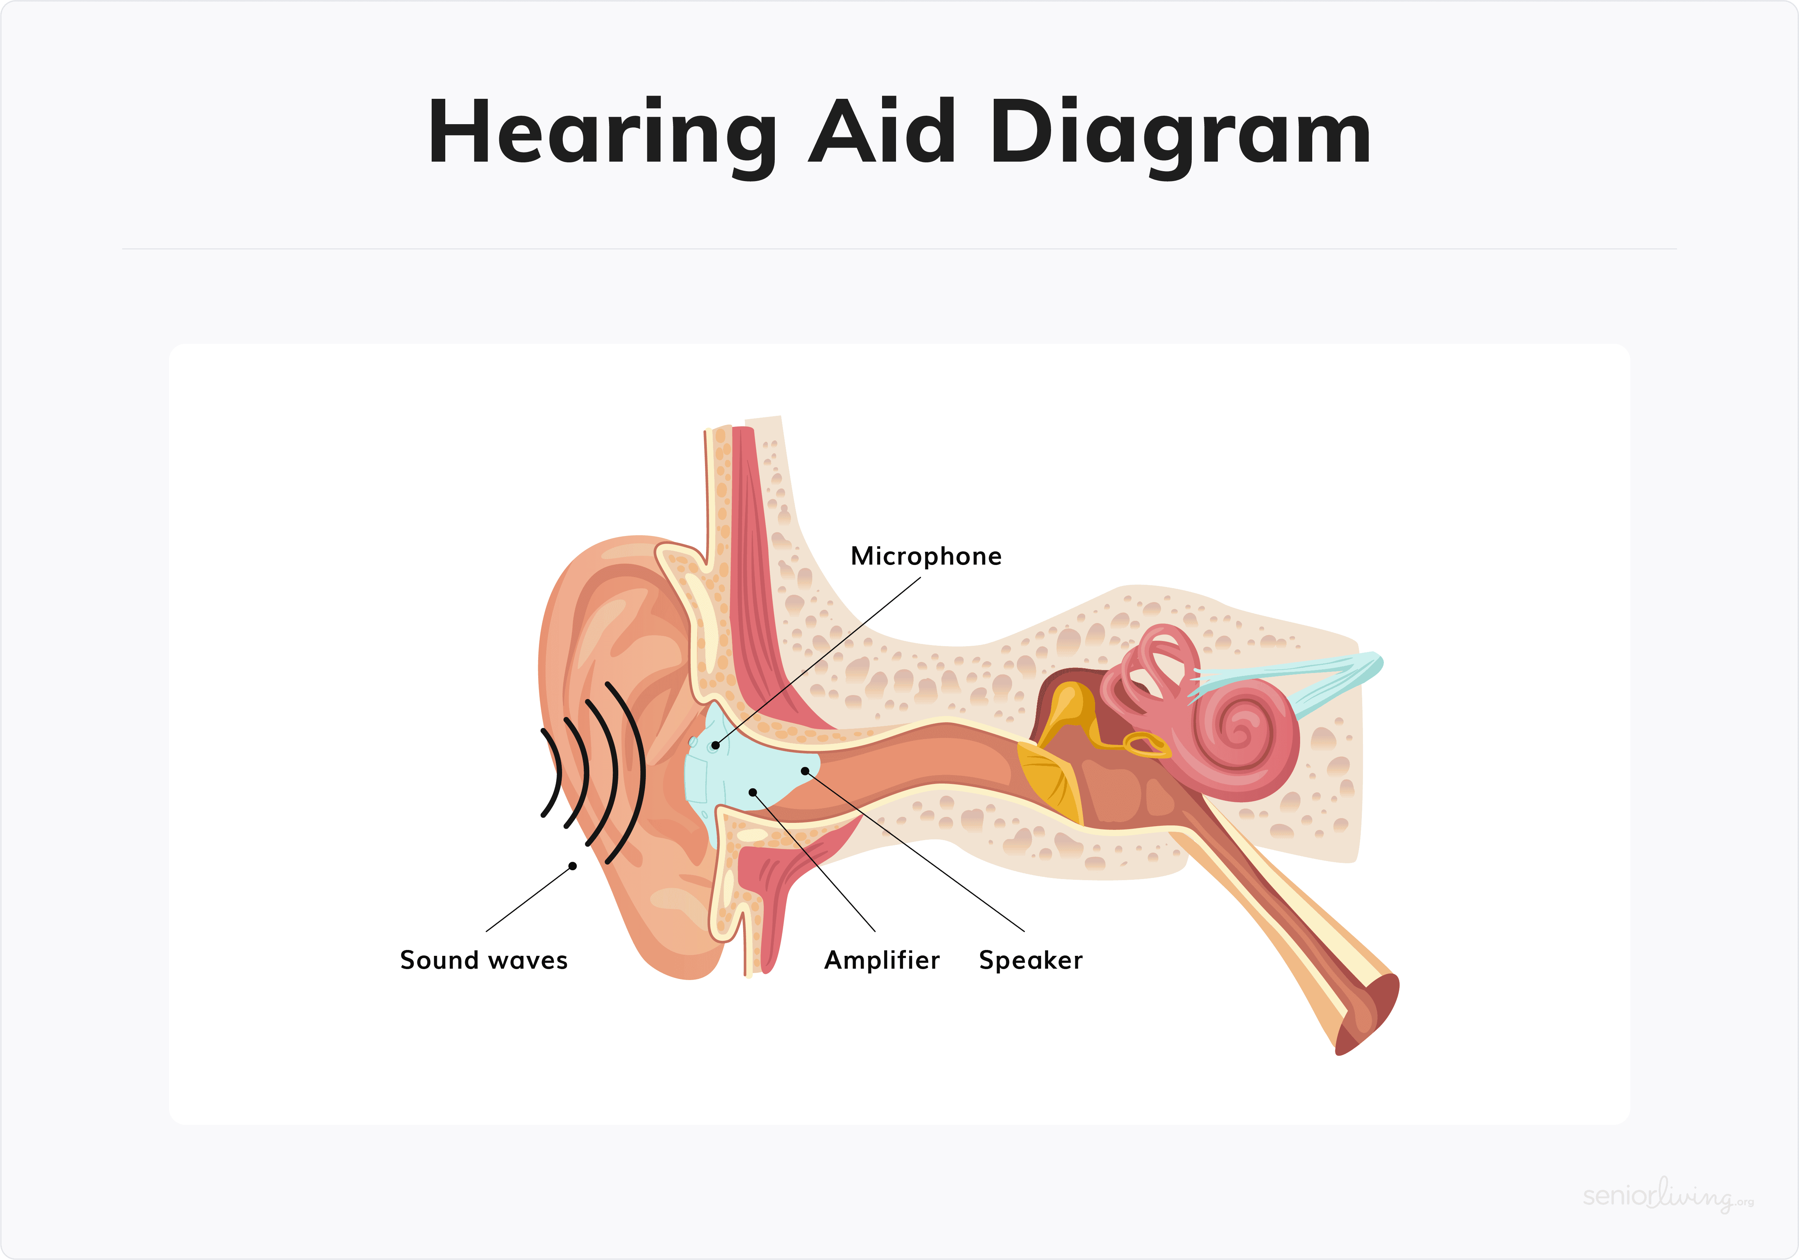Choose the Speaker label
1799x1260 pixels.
[x=1030, y=961]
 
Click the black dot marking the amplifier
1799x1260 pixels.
[x=753, y=792]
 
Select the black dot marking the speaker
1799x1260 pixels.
[x=805, y=771]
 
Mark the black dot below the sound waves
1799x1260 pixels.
[x=573, y=866]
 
